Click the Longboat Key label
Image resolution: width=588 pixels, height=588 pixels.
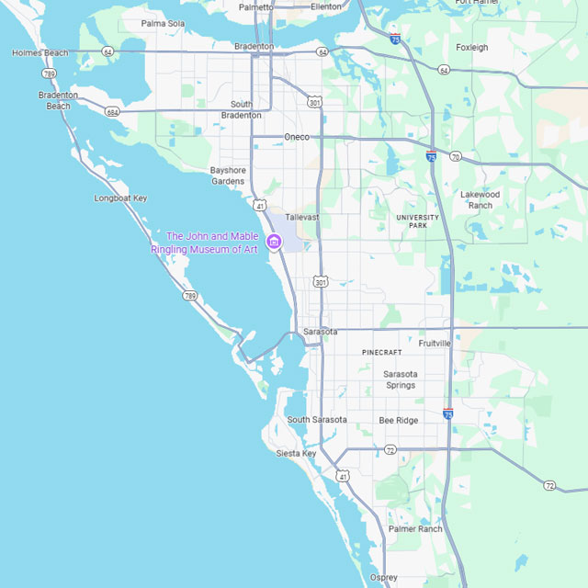click(120, 198)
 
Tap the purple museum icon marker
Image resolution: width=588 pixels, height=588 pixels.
click(273, 242)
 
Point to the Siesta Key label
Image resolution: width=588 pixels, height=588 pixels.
click(296, 454)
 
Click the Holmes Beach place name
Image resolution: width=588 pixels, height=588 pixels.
click(40, 53)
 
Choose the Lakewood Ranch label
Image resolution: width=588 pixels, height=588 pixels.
click(481, 199)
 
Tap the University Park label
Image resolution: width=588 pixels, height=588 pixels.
click(418, 220)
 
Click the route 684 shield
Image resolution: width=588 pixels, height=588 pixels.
click(112, 112)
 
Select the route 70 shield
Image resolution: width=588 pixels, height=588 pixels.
click(455, 157)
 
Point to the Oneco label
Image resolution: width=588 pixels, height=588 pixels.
click(297, 137)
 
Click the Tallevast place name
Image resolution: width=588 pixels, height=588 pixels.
click(301, 218)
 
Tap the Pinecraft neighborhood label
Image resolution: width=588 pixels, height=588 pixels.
click(381, 352)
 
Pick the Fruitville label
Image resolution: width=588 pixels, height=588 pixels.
click(435, 343)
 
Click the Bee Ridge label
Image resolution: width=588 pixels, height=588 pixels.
click(399, 420)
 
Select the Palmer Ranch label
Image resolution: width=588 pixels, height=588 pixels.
click(415, 529)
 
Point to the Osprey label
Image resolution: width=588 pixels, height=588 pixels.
click(383, 577)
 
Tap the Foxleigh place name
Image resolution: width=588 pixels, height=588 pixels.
click(472, 47)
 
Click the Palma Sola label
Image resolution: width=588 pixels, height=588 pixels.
click(163, 23)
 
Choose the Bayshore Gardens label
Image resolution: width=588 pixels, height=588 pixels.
click(228, 175)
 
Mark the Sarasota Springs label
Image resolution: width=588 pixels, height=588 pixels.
click(401, 379)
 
